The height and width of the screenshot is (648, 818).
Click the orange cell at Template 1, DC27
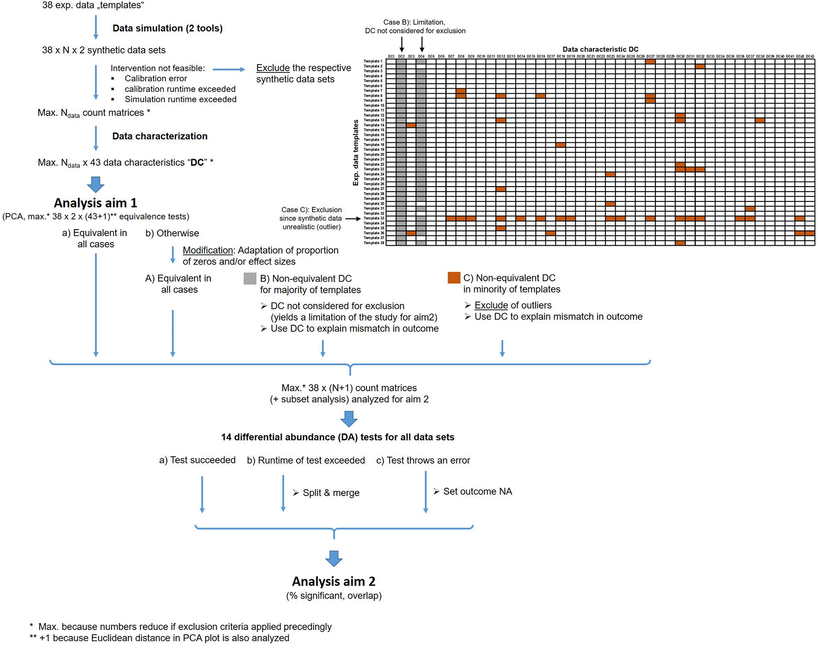click(x=650, y=61)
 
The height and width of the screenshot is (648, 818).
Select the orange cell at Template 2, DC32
click(x=700, y=67)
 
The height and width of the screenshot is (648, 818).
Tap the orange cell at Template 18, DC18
click(x=561, y=145)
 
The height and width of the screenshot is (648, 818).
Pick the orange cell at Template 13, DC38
click(x=760, y=121)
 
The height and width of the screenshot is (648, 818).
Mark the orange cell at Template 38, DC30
click(x=680, y=243)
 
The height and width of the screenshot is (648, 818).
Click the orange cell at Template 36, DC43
click(x=810, y=233)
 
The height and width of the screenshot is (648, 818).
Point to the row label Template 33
click(x=373, y=218)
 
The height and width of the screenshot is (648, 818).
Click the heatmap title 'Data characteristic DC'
click(x=600, y=49)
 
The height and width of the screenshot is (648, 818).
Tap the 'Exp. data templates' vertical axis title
click(x=355, y=152)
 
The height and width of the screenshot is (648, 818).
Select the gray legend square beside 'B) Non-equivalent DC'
click(x=250, y=279)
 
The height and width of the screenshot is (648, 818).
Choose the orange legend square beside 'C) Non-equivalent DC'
click(x=454, y=278)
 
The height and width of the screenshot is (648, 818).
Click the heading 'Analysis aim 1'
click(x=95, y=203)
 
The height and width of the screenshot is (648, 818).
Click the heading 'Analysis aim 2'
click(x=333, y=581)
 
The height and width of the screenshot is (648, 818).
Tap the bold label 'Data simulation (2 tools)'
click(x=167, y=28)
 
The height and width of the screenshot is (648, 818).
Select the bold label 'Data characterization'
click(x=159, y=136)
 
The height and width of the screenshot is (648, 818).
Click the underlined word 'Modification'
click(x=208, y=250)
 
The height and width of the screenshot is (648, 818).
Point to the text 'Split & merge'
click(x=331, y=493)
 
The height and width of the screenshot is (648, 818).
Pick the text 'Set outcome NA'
click(x=477, y=491)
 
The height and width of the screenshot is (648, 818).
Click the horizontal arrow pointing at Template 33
click(x=353, y=218)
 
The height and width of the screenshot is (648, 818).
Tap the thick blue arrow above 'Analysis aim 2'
click(x=334, y=558)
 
